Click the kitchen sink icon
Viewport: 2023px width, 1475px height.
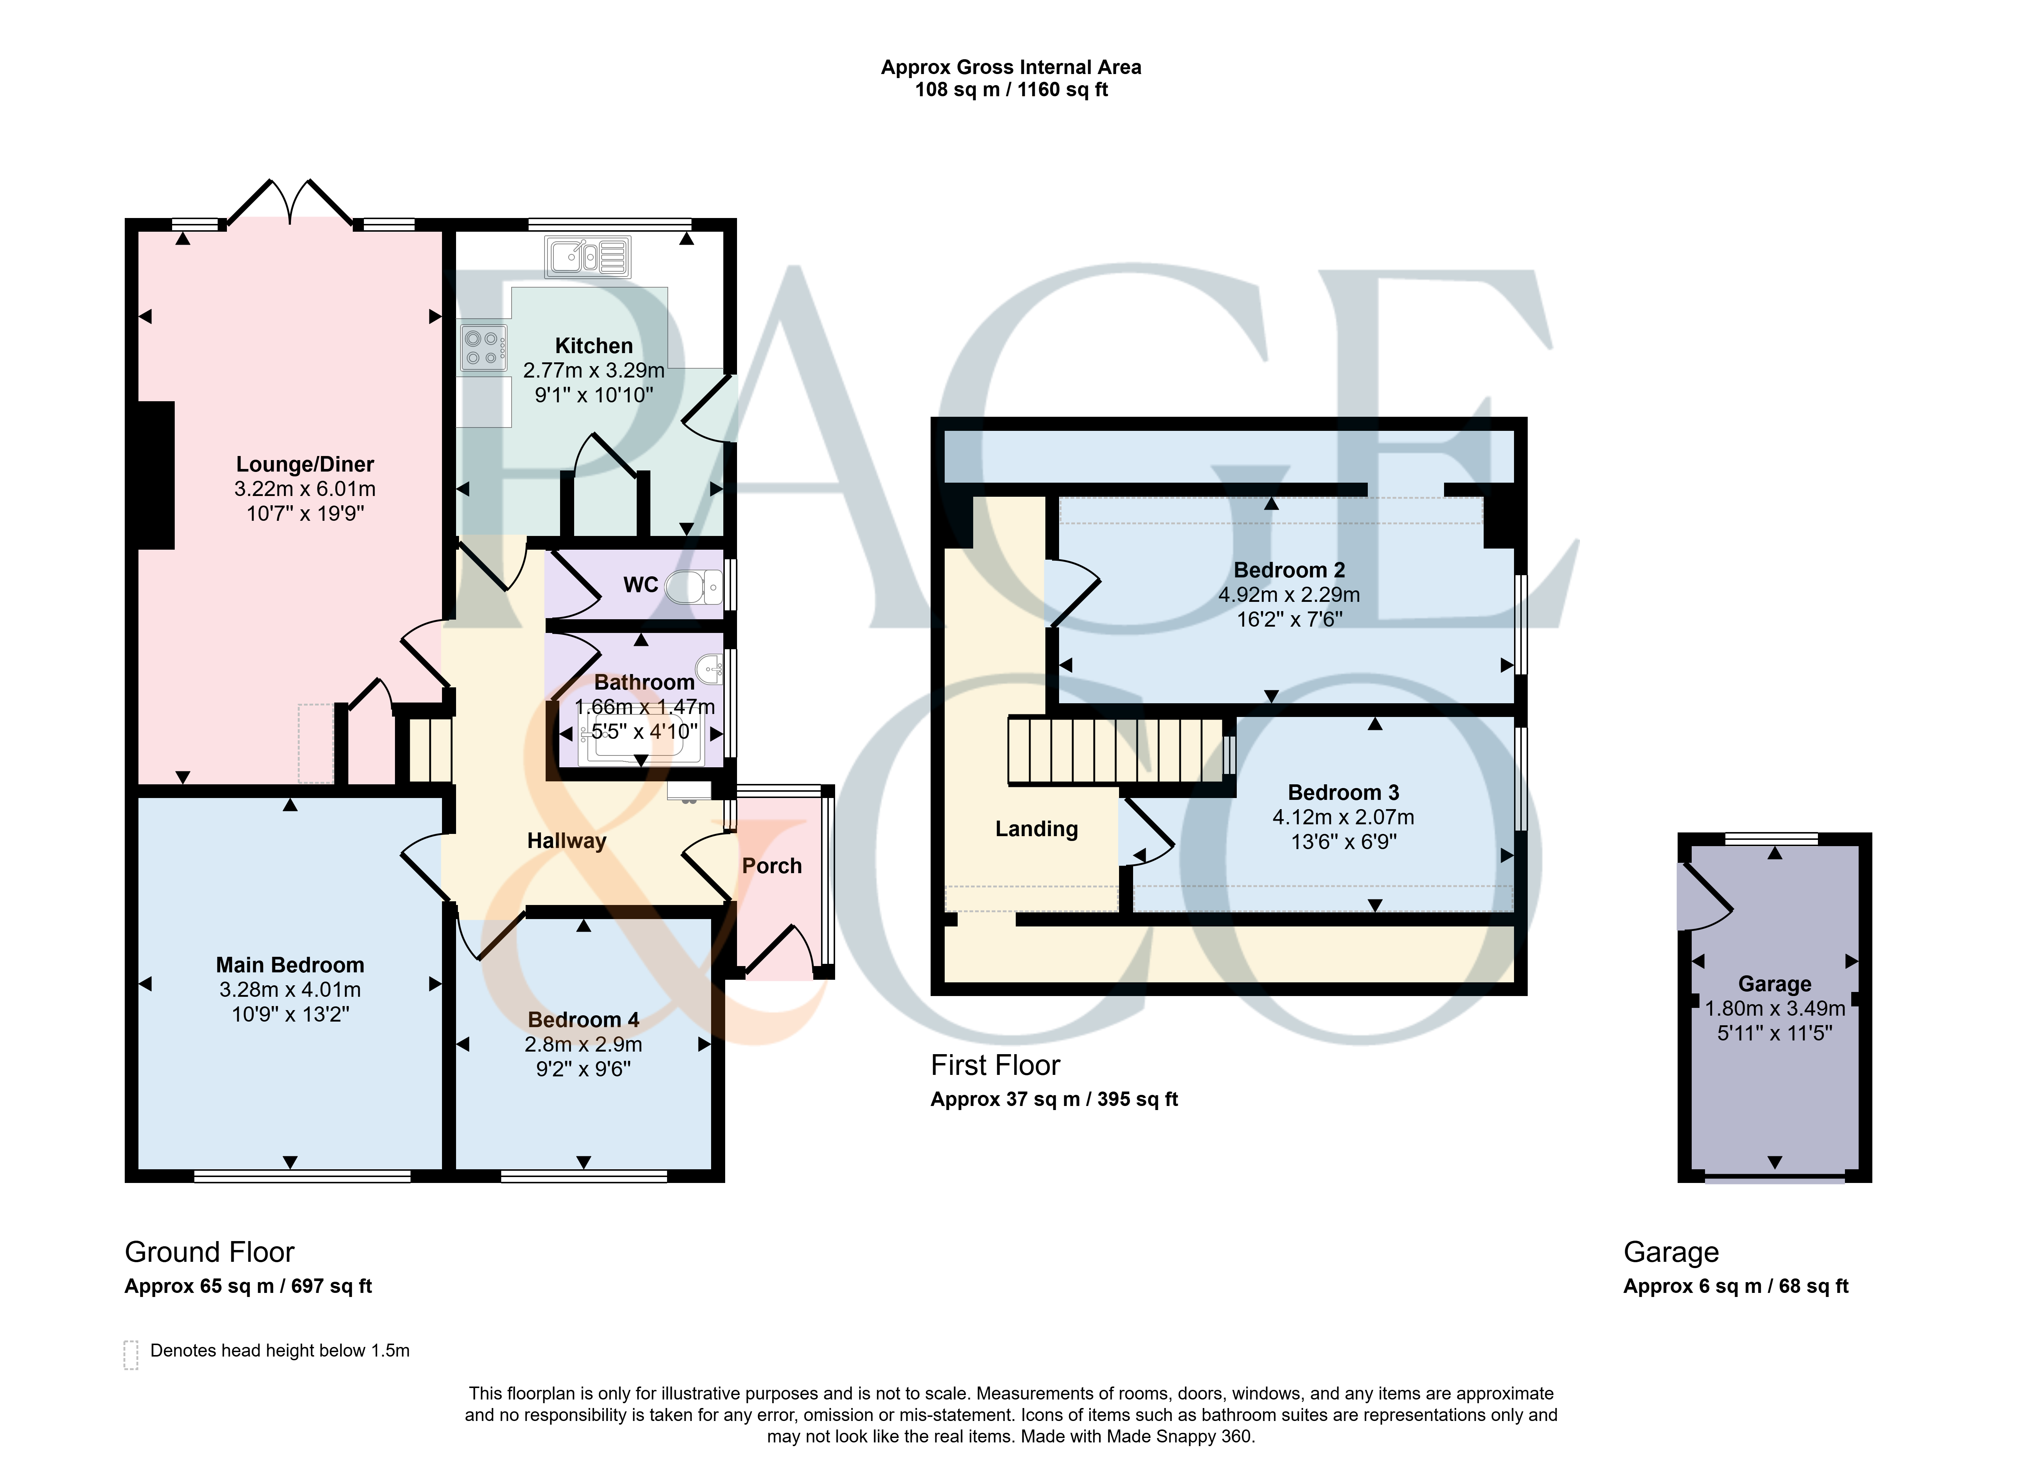(587, 257)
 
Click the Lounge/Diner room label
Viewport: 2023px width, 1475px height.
(304, 464)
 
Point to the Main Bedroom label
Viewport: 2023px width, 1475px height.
(290, 965)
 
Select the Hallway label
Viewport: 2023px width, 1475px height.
(567, 841)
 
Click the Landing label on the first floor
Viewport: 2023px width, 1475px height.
(1036, 829)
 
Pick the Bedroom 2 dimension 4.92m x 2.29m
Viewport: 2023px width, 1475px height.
(1289, 595)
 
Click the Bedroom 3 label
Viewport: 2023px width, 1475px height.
(1344, 793)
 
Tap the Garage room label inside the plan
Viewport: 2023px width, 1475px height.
(1775, 984)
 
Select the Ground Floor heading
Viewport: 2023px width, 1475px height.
(210, 1252)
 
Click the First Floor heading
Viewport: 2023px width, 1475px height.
(995, 1065)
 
